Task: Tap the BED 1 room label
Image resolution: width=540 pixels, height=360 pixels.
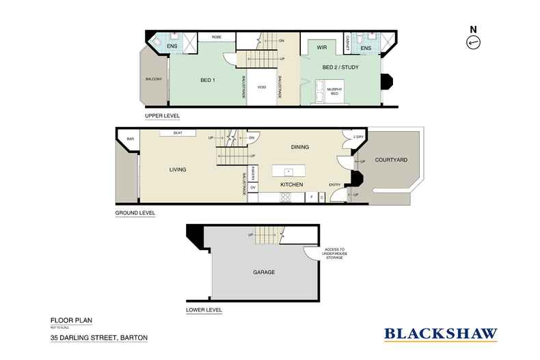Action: tap(208, 81)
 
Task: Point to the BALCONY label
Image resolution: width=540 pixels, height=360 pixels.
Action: tap(153, 79)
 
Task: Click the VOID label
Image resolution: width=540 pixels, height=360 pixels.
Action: tap(261, 87)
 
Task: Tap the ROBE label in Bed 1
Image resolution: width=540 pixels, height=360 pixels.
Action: tap(216, 37)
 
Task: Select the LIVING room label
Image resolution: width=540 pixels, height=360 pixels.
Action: tap(178, 169)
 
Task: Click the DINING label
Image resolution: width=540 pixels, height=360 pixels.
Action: tap(300, 147)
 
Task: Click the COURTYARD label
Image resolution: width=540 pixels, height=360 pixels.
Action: tap(393, 160)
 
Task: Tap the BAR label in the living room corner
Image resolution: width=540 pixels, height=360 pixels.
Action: tap(130, 140)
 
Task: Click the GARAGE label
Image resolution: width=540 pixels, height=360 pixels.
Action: tap(263, 272)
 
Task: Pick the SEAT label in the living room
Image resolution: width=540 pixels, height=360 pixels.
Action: tap(177, 133)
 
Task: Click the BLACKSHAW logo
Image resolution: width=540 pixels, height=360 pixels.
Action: tap(440, 334)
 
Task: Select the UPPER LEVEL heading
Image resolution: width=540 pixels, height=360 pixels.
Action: tap(161, 116)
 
